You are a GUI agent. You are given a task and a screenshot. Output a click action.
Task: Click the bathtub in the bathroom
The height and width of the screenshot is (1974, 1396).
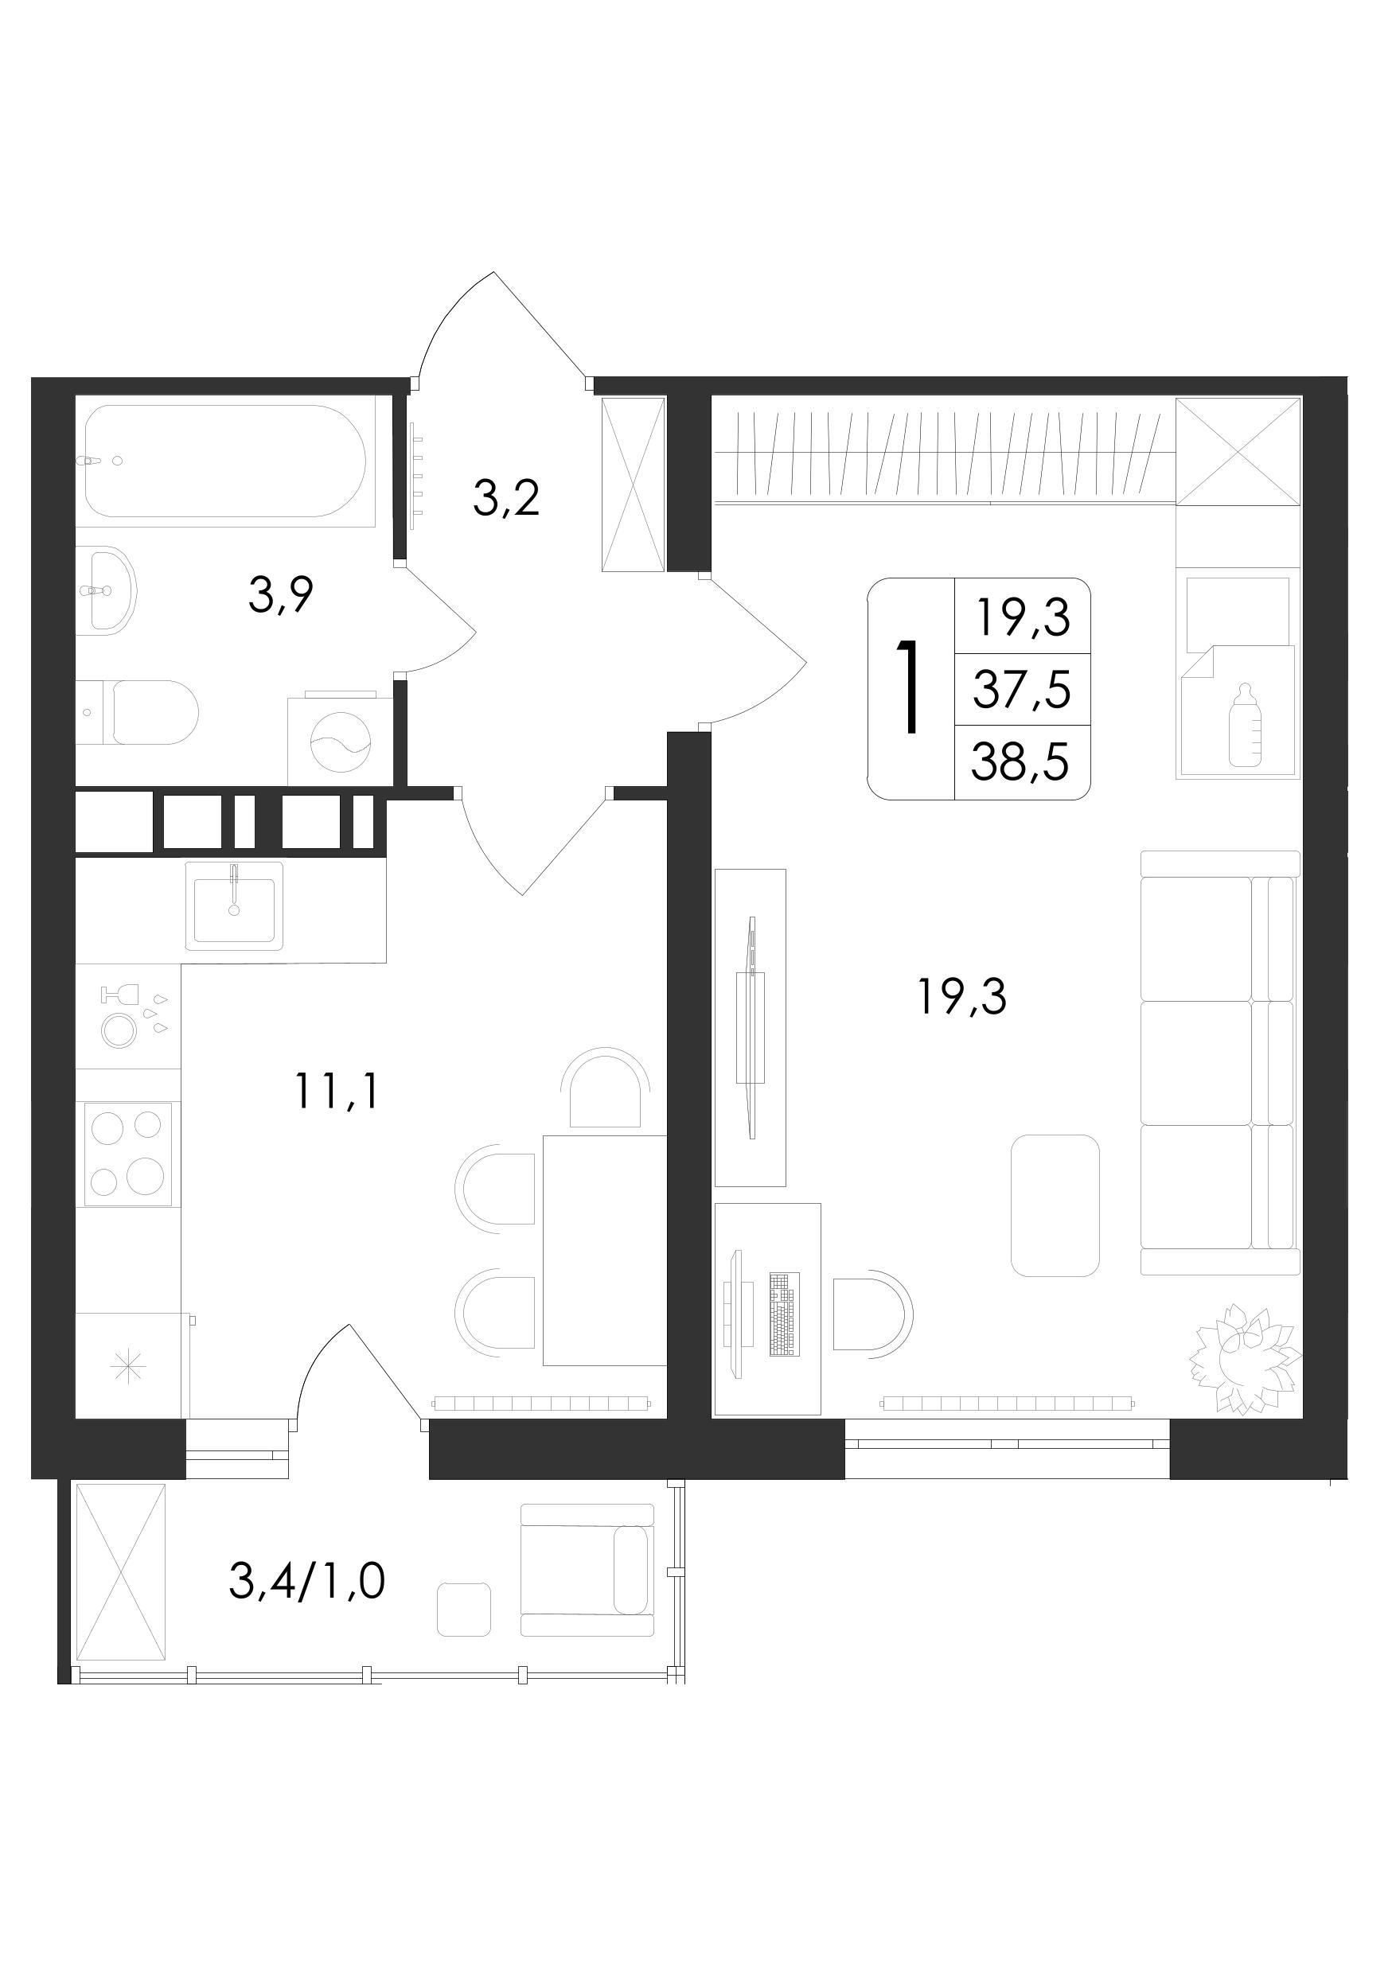pos(225,461)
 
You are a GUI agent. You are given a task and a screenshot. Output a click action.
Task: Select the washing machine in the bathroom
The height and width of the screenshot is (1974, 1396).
pos(341,738)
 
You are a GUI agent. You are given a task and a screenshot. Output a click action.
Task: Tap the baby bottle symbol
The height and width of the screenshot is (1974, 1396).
pos(1245,725)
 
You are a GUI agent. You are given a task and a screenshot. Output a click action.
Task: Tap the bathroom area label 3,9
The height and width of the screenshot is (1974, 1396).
pos(280,594)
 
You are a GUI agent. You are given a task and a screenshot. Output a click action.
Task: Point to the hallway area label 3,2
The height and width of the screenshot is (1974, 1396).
pos(507,498)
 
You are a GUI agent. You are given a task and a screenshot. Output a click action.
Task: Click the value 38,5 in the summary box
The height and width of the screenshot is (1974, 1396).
pos(1020,761)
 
